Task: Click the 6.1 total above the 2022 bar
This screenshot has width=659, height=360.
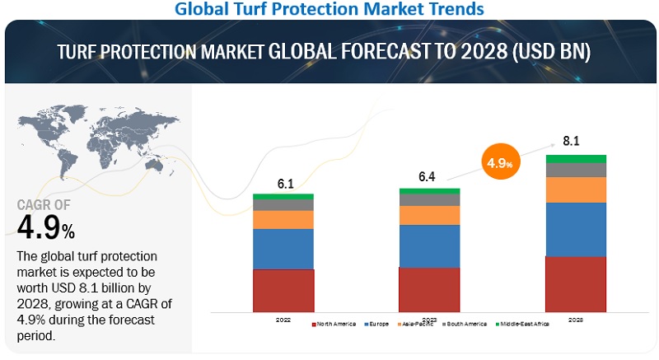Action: [283, 184]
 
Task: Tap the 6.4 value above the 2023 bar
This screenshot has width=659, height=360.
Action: [429, 177]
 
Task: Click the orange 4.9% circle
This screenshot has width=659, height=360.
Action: [499, 163]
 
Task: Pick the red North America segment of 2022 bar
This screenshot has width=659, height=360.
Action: [283, 290]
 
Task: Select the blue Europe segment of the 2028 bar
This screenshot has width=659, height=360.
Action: [575, 229]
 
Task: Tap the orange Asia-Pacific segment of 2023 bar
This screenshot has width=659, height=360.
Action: [429, 215]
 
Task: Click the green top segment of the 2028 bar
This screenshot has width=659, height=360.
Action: [575, 158]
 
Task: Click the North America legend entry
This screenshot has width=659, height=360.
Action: [334, 324]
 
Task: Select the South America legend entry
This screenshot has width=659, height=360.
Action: [468, 324]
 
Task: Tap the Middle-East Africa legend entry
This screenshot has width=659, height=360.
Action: [524, 324]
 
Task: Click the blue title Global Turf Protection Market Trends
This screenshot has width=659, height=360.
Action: [330, 10]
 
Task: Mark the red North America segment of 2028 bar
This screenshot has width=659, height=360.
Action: [575, 283]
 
